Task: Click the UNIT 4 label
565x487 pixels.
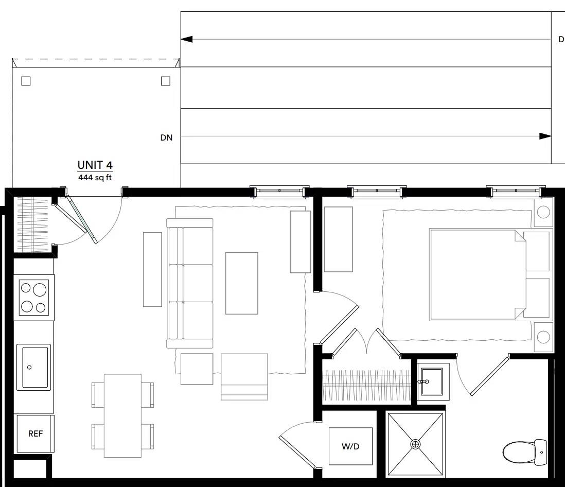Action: click(x=95, y=165)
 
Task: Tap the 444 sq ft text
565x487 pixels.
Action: click(x=95, y=178)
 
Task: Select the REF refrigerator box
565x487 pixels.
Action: click(x=36, y=433)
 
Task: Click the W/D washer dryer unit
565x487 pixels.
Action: click(x=350, y=446)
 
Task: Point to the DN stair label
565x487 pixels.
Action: click(x=167, y=137)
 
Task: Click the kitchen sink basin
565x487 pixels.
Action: click(x=35, y=367)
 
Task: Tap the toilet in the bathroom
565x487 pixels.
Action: click(x=525, y=451)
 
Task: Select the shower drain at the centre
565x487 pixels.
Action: click(x=415, y=444)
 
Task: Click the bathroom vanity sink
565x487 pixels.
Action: click(x=432, y=381)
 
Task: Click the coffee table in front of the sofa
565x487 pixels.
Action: click(x=242, y=283)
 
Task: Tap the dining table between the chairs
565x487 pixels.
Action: click(x=122, y=415)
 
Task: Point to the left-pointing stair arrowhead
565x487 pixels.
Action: click(x=186, y=39)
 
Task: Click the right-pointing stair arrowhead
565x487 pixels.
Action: click(x=545, y=136)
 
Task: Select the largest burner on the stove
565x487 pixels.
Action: click(x=40, y=290)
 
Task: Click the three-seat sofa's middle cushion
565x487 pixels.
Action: click(x=198, y=283)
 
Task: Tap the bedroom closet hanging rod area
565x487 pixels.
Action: click(x=366, y=386)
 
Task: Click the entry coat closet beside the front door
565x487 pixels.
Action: click(x=32, y=224)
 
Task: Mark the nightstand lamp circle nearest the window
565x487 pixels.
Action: click(x=543, y=212)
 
